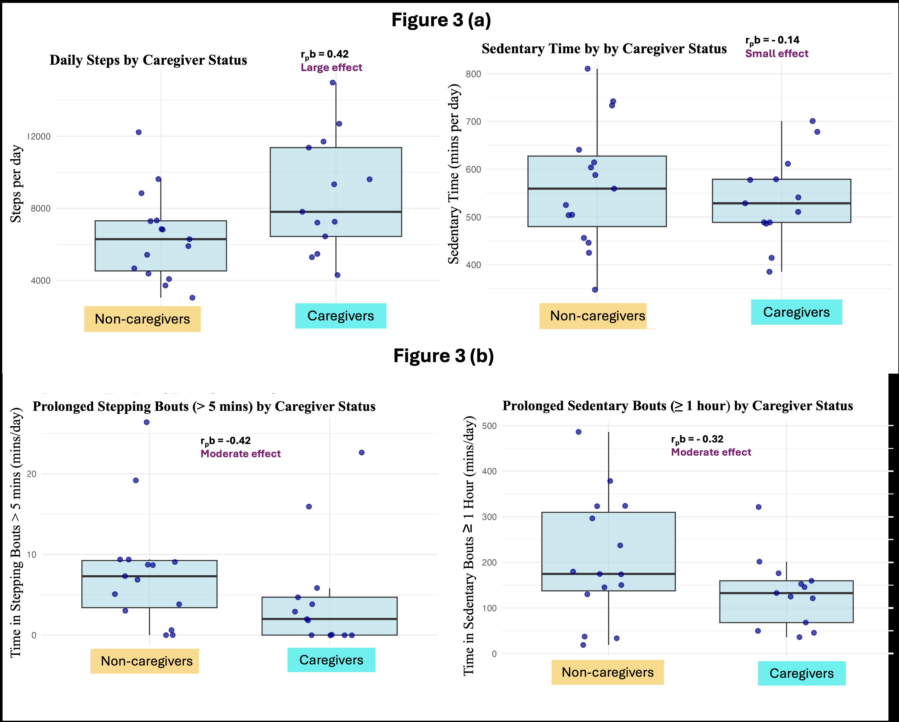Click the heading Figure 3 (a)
pyautogui.click(x=441, y=20)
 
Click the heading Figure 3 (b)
pyautogui.click(x=443, y=356)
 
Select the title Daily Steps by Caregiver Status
pyautogui.click(x=148, y=60)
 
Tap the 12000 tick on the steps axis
pyautogui.click(x=40, y=136)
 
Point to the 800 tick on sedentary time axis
pyautogui.click(x=473, y=74)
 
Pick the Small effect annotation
pyautogui.click(x=776, y=53)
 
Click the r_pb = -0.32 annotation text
pyautogui.click(x=697, y=439)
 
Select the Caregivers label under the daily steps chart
pyautogui.click(x=340, y=316)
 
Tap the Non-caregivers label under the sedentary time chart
pyautogui.click(x=597, y=316)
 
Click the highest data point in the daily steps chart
pyautogui.click(x=333, y=83)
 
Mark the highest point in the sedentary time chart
pyautogui.click(x=588, y=69)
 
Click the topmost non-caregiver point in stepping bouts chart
pyautogui.click(x=147, y=422)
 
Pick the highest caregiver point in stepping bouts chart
pyautogui.click(x=362, y=452)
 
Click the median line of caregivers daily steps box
pyautogui.click(x=336, y=212)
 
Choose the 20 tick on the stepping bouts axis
pyautogui.click(x=32, y=474)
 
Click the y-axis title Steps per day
pyautogui.click(x=16, y=183)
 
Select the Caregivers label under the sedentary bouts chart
pyautogui.click(x=801, y=673)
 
